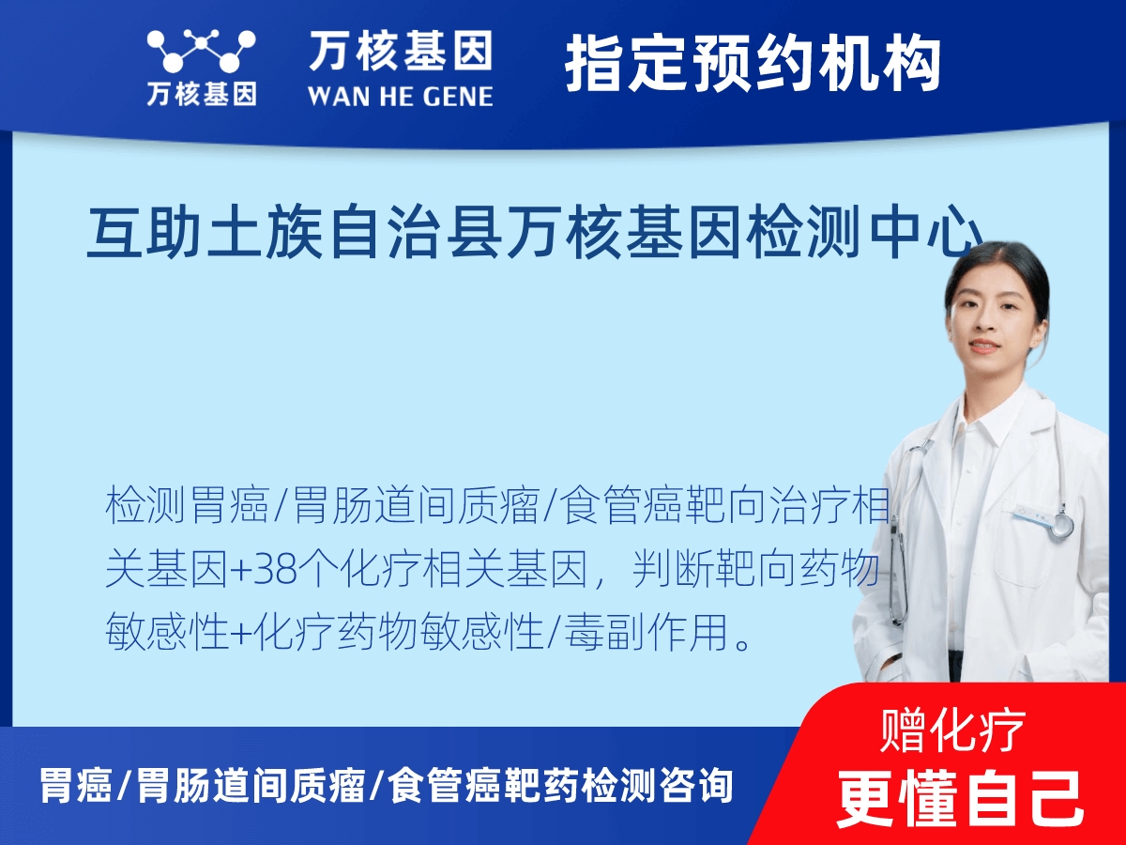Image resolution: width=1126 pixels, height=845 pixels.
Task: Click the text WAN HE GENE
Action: pyautogui.click(x=400, y=96)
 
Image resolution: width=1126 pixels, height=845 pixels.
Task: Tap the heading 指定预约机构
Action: pyautogui.click(x=753, y=64)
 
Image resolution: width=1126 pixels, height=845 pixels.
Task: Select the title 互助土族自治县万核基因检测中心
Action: pyautogui.click(x=535, y=236)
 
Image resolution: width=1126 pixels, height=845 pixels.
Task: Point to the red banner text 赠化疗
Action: pyautogui.click(x=952, y=731)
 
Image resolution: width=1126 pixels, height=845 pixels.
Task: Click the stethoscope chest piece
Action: pyautogui.click(x=1060, y=525)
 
